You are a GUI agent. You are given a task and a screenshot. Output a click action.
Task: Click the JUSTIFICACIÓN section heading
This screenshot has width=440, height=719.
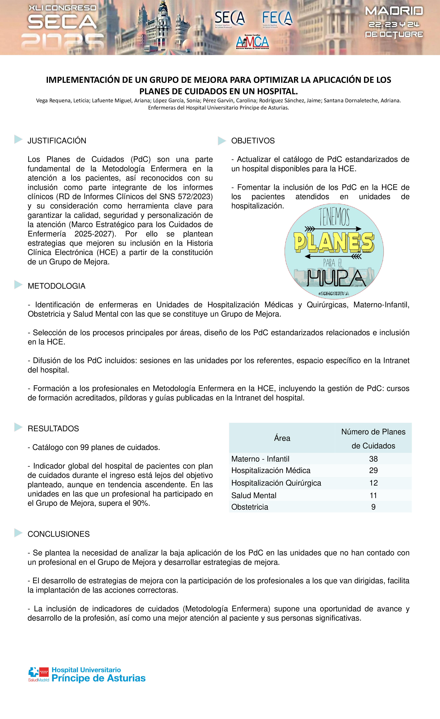[57, 141]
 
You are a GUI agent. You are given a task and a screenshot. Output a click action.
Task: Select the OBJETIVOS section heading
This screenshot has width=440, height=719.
[253, 141]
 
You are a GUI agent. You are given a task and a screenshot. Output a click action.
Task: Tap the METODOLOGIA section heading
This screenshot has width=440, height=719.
[56, 286]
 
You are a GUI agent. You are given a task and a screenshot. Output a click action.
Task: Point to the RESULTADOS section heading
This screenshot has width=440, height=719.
[53, 429]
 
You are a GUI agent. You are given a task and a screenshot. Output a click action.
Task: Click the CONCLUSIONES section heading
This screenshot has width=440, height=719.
[58, 534]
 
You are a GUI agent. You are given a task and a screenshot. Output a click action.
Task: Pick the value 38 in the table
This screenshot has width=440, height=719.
[373, 459]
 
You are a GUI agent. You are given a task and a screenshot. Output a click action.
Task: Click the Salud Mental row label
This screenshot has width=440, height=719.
[254, 496]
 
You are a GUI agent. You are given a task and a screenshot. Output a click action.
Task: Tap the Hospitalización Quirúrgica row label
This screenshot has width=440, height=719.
[276, 483]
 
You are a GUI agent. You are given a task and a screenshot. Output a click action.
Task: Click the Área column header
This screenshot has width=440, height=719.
[282, 438]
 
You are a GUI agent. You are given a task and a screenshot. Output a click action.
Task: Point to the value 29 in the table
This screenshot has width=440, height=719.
[373, 470]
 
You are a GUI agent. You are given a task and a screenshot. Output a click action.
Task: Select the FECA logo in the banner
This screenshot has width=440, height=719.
[277, 18]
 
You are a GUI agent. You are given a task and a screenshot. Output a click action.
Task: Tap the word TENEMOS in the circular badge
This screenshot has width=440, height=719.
[334, 216]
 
